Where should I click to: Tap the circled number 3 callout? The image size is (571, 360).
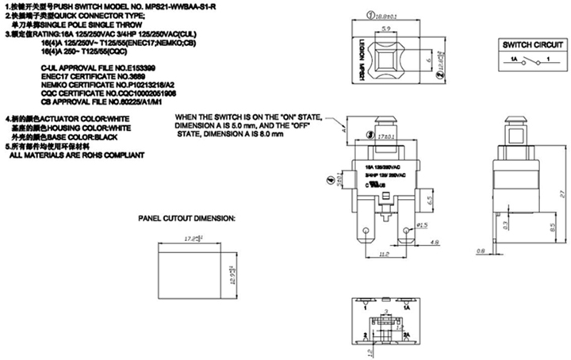(372, 136)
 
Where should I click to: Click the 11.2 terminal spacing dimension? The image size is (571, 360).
(383, 256)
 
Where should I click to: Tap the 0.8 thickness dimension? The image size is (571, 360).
(481, 251)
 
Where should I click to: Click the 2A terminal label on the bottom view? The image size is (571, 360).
(405, 336)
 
